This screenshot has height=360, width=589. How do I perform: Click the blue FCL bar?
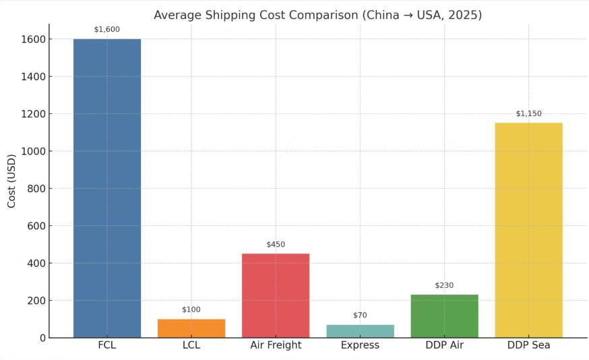click(x=107, y=188)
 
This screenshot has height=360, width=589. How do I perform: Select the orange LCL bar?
click(x=191, y=328)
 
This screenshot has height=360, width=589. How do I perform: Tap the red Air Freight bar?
click(x=276, y=295)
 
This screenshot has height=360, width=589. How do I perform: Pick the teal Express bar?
click(x=360, y=331)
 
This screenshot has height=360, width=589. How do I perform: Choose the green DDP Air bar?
click(x=444, y=316)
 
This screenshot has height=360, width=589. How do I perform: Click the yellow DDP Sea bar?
click(x=528, y=230)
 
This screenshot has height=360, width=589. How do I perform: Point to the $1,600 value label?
click(x=107, y=29)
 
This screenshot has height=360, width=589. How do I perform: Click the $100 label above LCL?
click(x=191, y=309)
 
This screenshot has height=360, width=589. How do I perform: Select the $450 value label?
click(x=276, y=244)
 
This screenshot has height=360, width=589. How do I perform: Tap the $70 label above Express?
click(x=360, y=315)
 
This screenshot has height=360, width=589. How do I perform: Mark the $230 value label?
click(x=444, y=285)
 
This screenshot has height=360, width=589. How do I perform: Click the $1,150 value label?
click(x=528, y=113)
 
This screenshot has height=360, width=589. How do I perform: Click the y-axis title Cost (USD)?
click(x=12, y=181)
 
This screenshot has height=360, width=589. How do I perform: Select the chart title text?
click(x=317, y=15)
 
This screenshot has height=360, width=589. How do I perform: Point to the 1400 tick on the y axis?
click(x=32, y=77)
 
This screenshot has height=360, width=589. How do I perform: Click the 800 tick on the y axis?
click(x=35, y=189)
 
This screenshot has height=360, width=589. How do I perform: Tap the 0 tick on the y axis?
click(x=42, y=338)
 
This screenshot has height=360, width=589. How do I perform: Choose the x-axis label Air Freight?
click(x=276, y=345)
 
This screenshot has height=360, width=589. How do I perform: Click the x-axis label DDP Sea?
click(x=528, y=345)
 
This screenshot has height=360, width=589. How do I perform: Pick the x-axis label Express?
click(x=360, y=345)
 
